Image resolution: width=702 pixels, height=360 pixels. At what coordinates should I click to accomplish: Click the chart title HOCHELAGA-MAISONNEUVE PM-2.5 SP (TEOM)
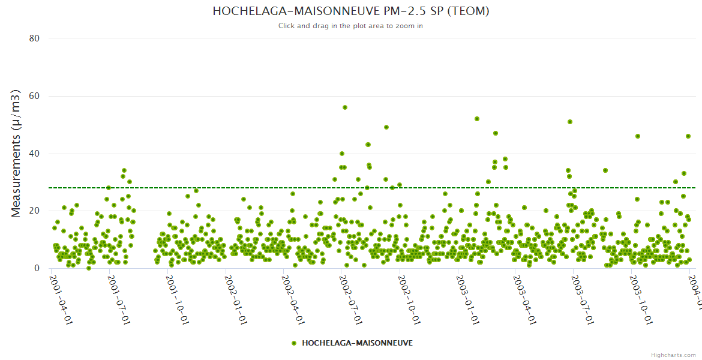[350, 11]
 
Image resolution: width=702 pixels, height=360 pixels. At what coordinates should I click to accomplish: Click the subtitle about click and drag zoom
[350, 26]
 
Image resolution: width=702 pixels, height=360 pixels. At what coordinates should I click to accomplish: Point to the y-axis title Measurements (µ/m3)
[17, 153]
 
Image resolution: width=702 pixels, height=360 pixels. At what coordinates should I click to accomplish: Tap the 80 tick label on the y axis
[34, 38]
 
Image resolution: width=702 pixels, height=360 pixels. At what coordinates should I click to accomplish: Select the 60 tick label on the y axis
[34, 96]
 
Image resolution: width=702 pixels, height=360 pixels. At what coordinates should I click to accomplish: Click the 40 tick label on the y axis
[34, 154]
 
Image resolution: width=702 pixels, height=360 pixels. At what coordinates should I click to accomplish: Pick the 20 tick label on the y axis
[34, 211]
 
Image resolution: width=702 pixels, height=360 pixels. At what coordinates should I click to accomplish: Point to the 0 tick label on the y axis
[37, 269]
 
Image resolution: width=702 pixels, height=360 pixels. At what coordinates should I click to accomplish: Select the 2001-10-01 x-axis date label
[178, 292]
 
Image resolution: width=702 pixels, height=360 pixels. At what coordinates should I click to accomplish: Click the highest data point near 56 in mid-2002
[345, 107]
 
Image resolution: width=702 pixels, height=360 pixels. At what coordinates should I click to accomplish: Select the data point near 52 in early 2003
[477, 119]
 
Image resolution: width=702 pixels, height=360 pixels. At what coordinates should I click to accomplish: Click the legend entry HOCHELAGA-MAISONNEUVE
[357, 343]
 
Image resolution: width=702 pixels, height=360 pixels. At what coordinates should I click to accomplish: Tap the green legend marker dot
[294, 343]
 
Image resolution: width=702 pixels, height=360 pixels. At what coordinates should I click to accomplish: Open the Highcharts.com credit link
[673, 355]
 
